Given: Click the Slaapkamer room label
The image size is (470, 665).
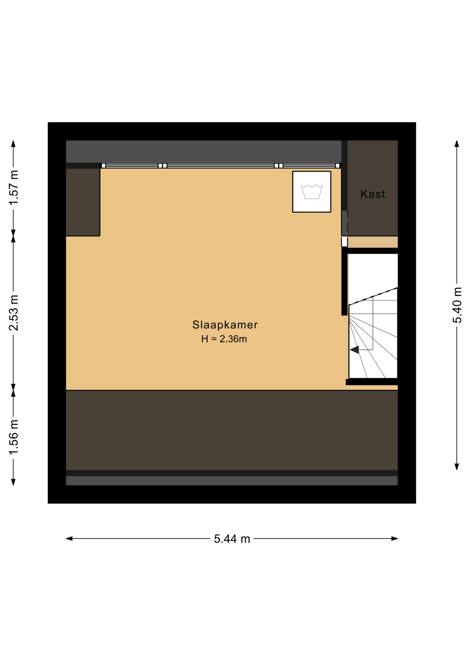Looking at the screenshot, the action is (225, 325).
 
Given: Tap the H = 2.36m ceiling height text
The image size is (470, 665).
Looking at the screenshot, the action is (224, 339).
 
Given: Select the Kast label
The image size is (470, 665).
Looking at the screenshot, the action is (372, 194).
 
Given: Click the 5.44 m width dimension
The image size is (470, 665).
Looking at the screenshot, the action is (232, 539).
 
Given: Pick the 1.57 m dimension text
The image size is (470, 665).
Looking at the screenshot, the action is (13, 187).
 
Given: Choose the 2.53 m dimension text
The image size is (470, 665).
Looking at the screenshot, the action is (13, 313).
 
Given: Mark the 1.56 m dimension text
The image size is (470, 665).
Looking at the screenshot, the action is (13, 437).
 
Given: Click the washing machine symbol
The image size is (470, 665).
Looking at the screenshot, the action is (311, 192).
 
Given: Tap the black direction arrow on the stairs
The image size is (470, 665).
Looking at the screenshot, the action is (354, 350).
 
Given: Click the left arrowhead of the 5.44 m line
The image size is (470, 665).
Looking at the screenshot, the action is (69, 539).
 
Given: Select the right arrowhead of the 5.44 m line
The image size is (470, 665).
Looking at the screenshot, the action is (395, 539).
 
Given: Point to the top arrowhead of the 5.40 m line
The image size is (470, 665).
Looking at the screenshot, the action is (457, 144).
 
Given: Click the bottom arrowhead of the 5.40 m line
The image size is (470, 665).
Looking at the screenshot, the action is (457, 467).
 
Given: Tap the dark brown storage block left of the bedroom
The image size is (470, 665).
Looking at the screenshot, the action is (83, 202).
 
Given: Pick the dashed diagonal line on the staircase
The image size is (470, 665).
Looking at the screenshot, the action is (373, 296).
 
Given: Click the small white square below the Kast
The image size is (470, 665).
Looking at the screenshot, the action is (344, 241).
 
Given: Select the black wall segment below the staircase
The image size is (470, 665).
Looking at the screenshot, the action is (372, 382).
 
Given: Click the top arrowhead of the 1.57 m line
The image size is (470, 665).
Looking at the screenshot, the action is (13, 144).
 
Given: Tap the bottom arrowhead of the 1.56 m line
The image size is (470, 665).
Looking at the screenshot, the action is (13, 482).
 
